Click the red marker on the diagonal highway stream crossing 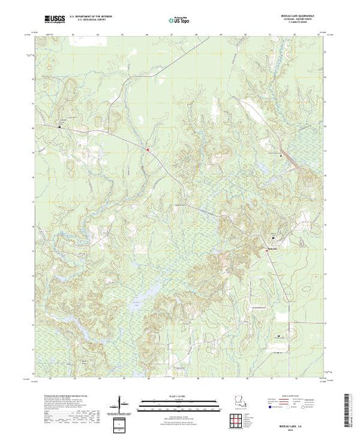(148, 147)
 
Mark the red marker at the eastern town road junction (266, 250)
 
